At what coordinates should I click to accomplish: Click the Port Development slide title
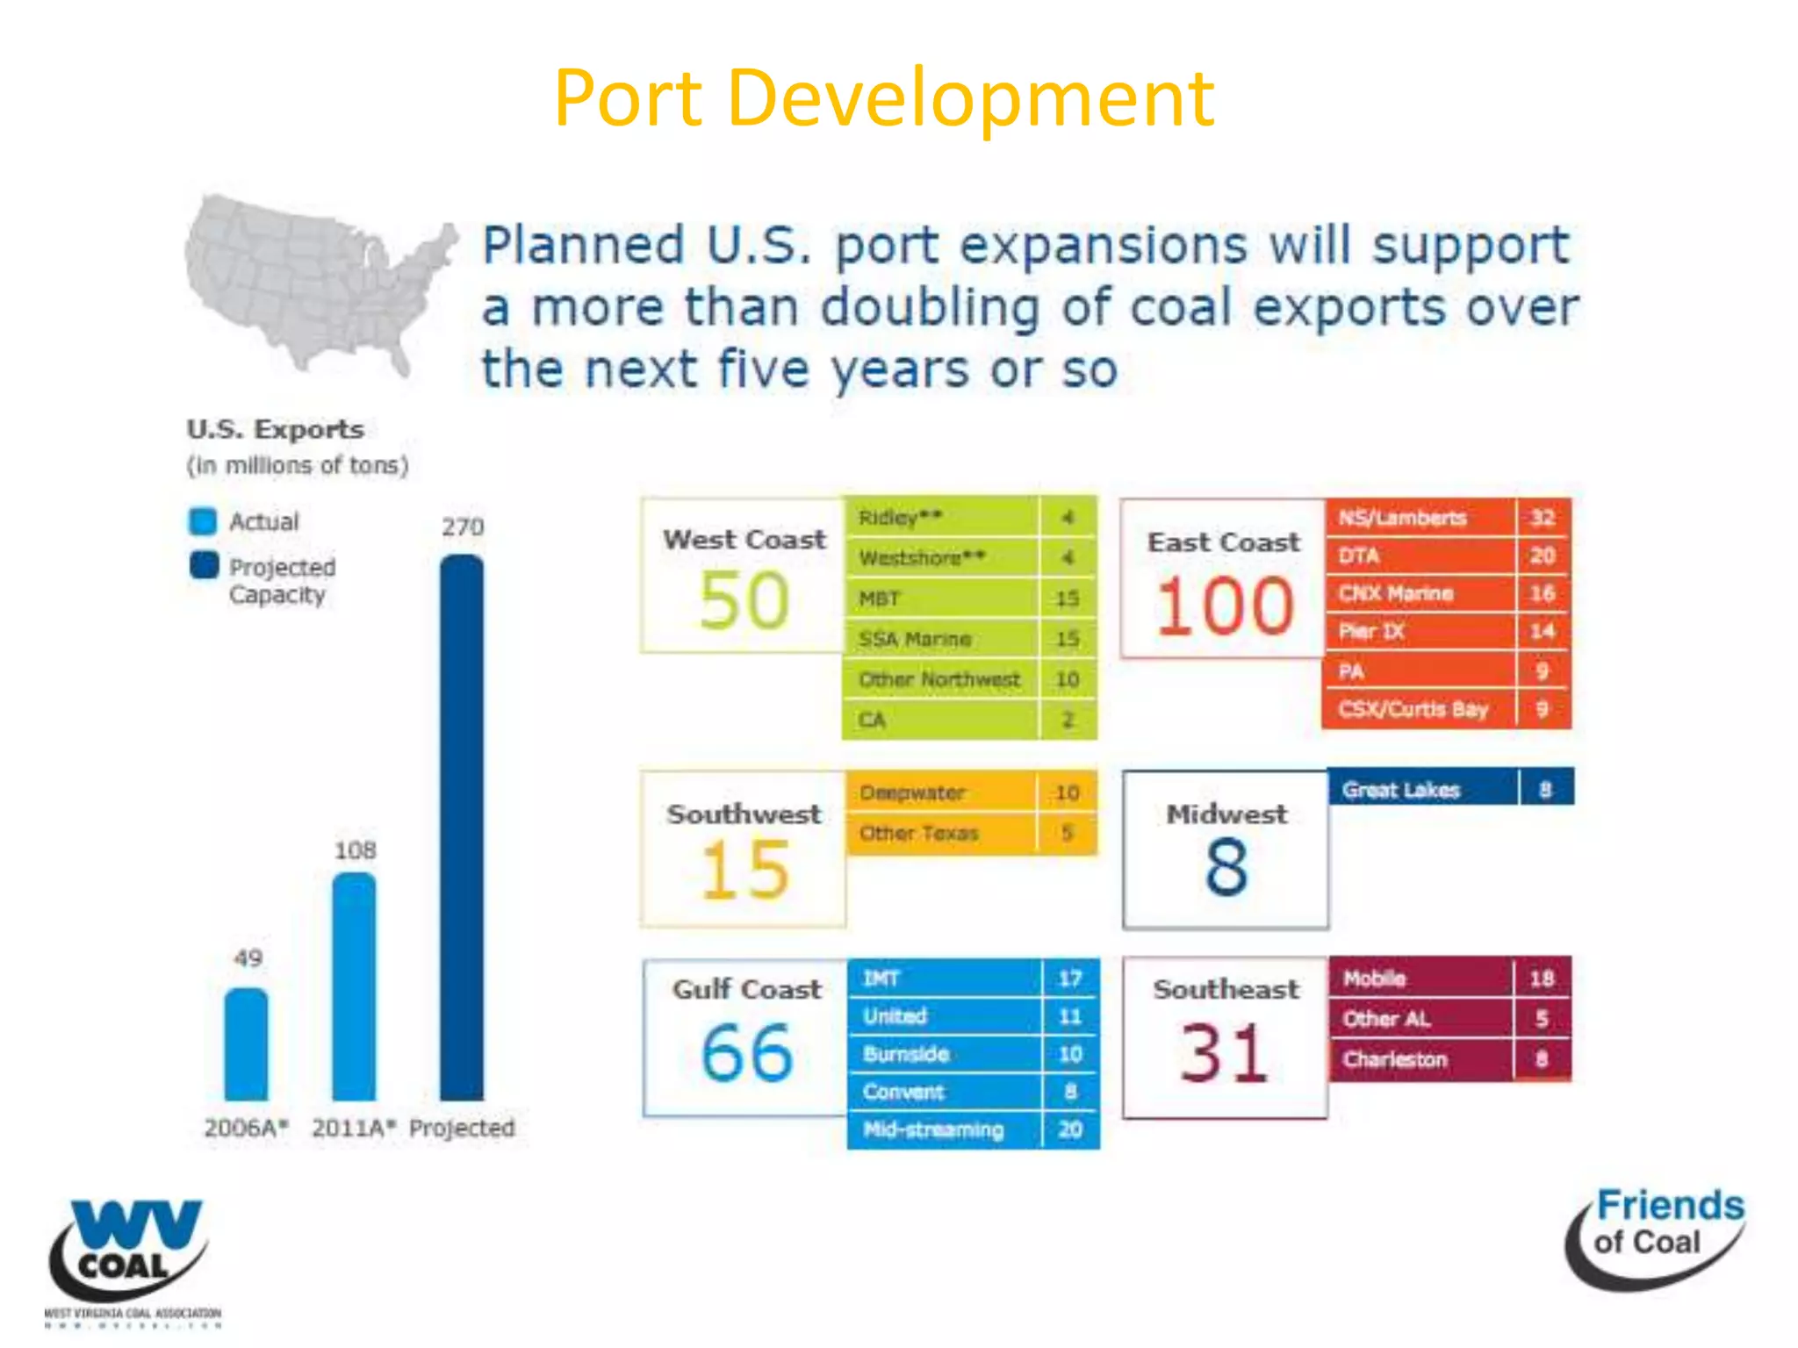tap(884, 98)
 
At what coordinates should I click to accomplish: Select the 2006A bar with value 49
tap(247, 1044)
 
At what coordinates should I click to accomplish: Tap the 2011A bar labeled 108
tap(354, 986)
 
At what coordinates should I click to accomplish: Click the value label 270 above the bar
tap(463, 527)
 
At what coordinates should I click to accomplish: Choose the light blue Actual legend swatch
tap(203, 521)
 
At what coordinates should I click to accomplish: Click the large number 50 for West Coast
tap(744, 601)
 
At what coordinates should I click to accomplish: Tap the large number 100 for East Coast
tap(1224, 606)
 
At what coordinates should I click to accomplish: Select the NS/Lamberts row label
tap(1402, 518)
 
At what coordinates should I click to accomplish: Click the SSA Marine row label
tap(915, 639)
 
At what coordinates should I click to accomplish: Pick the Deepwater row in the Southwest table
tap(913, 792)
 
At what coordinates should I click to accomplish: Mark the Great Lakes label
tap(1400, 790)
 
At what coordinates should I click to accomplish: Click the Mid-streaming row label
tap(932, 1129)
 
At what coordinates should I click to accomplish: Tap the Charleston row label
tap(1394, 1059)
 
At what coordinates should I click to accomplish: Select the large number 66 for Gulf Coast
tap(746, 1053)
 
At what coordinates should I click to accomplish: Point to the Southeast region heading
tap(1226, 989)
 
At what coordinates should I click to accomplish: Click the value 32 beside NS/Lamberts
tap(1543, 518)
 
